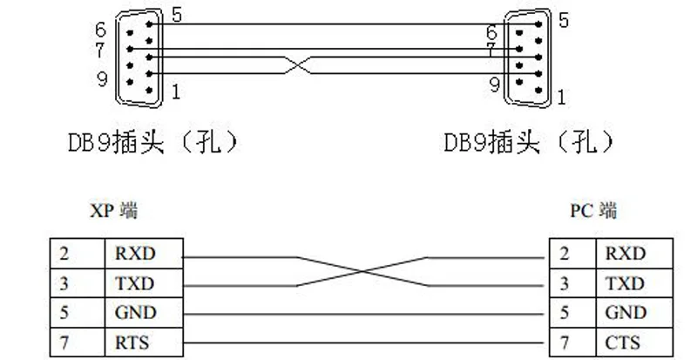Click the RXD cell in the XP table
[144, 254]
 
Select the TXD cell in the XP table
[144, 283]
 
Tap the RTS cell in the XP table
[144, 343]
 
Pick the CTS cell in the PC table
[634, 343]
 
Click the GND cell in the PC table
[634, 313]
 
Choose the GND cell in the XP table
[144, 313]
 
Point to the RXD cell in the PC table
[634, 254]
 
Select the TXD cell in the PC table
[634, 283]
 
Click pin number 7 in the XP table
[64, 343]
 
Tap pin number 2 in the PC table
[564, 254]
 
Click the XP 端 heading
[114, 210]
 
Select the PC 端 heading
[594, 210]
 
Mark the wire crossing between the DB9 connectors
[297, 65]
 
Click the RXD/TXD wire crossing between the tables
[362, 271]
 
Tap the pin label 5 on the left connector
[177, 16]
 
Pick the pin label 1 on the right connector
[561, 98]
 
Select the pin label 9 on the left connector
[102, 79]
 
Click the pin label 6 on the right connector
[491, 32]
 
